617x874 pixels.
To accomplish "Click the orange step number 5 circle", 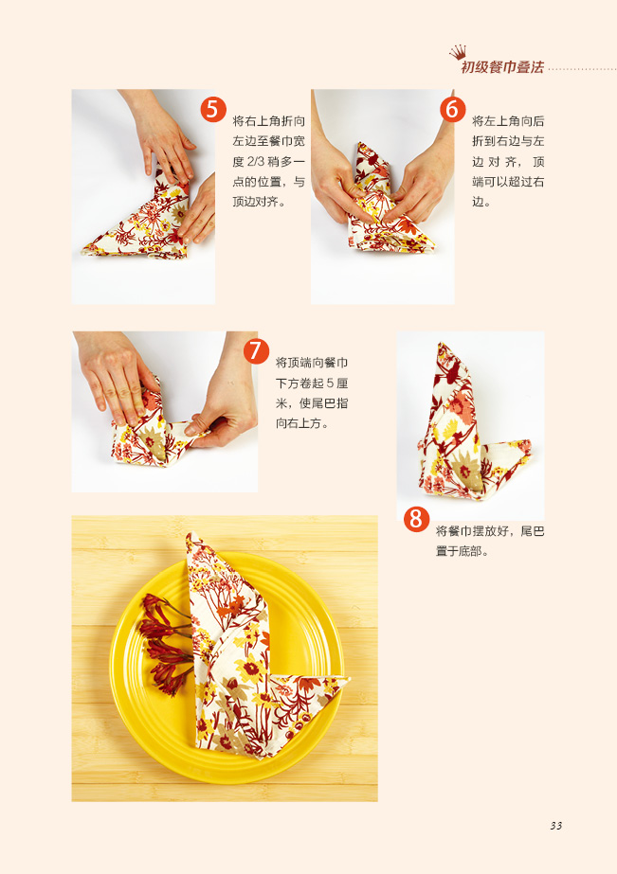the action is [213, 109].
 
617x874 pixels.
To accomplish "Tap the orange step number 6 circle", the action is [452, 109].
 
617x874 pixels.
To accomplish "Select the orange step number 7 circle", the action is [256, 351].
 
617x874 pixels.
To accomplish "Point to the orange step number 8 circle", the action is [416, 520].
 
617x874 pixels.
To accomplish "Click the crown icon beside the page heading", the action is [458, 52].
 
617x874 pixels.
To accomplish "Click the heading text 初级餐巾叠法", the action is [502, 67].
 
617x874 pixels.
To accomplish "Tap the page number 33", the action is [555, 826].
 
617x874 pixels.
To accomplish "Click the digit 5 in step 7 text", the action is [330, 383].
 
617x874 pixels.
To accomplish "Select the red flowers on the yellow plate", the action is [165, 644].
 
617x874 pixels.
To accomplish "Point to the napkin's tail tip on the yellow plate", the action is [348, 679].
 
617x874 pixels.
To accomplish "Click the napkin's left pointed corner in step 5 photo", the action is [83, 251].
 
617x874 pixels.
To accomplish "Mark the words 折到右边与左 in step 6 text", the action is [508, 141].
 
